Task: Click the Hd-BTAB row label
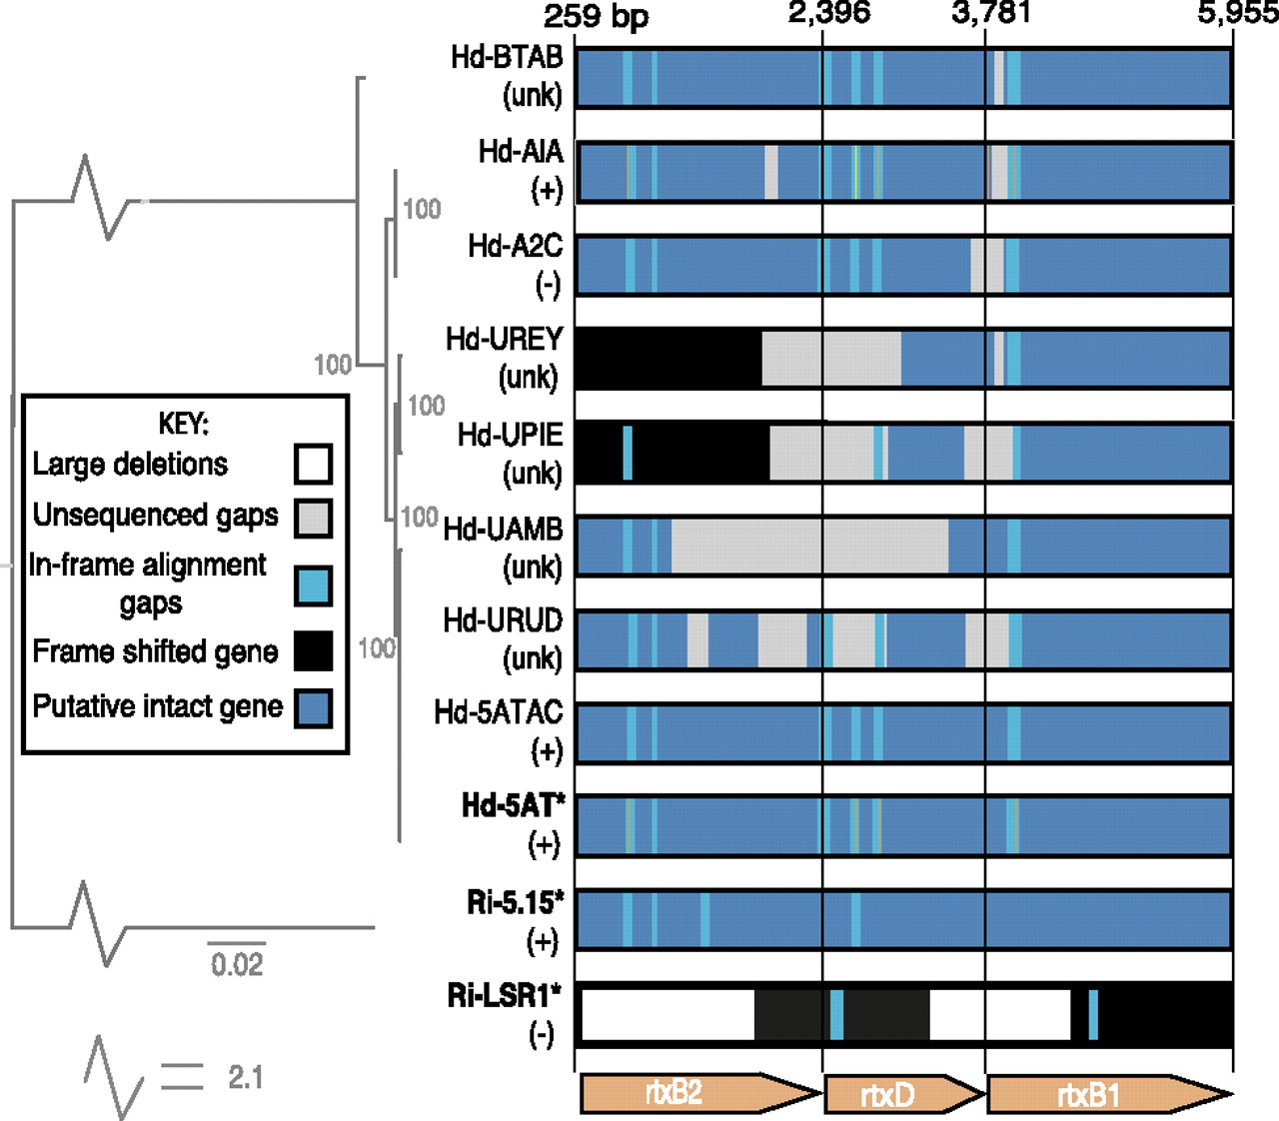point(507,58)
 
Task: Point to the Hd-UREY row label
point(505,340)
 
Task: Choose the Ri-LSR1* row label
point(505,996)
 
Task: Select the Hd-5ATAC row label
point(498,712)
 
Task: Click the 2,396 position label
point(829,13)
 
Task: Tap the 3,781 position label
point(990,13)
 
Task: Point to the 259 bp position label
point(596,16)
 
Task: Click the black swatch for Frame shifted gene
point(314,651)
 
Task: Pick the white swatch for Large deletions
point(314,465)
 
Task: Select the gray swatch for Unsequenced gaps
point(314,518)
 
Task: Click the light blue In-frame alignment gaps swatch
point(314,585)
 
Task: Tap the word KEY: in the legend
point(184,424)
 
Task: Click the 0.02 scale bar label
point(237,965)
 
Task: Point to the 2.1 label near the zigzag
point(245,1078)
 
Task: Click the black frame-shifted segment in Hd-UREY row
point(667,358)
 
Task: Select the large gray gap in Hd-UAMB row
point(809,546)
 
